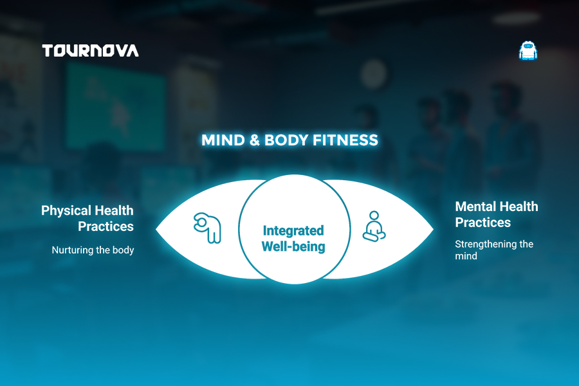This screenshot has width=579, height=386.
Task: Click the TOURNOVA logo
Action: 91,51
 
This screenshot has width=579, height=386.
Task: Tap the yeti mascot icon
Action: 528,51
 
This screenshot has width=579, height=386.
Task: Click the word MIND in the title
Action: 223,140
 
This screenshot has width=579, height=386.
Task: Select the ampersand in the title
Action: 255,140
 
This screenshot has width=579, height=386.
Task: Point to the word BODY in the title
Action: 286,140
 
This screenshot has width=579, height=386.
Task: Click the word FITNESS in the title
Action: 345,140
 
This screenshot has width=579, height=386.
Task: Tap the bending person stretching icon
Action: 208,228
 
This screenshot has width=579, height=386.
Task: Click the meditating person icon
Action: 374,226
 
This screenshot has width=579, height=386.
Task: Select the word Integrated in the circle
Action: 293,230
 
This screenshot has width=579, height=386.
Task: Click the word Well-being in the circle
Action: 293,246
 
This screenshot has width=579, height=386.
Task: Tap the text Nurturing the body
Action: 93,250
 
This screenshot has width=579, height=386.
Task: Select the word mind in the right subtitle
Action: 466,256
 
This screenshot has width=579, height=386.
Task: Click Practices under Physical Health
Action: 106,226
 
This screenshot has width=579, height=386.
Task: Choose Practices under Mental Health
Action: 483,223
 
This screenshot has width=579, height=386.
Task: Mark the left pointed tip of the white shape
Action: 156,230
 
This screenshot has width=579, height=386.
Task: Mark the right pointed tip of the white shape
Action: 433,230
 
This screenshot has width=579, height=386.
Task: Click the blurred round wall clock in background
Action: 374,74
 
